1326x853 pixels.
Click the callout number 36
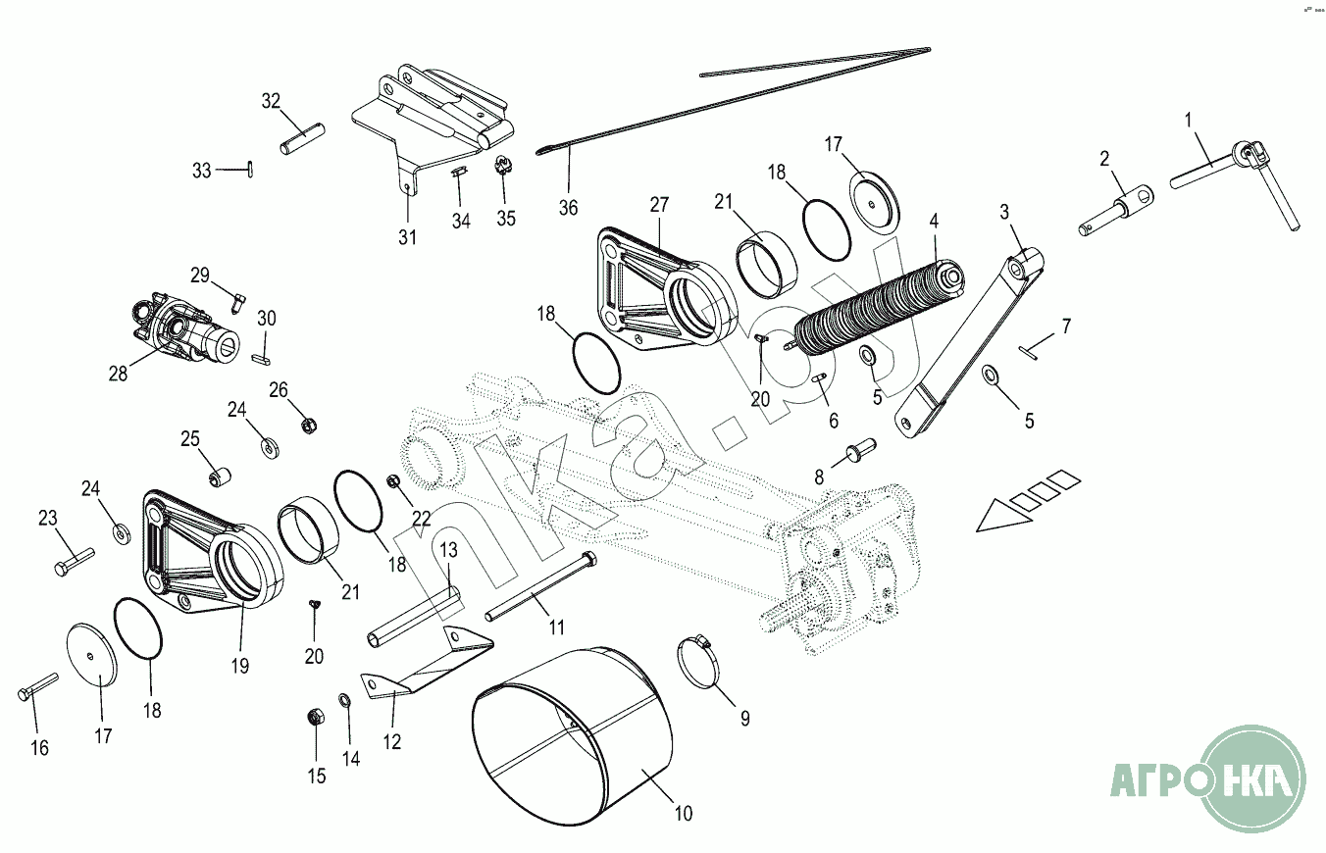[569, 208]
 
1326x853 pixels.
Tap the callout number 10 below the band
[684, 813]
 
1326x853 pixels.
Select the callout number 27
[658, 205]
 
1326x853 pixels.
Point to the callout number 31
[407, 237]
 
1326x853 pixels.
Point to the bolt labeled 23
[75, 561]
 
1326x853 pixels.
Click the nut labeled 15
[316, 717]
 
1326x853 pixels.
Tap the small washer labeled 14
[345, 700]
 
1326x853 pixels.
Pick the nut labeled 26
[306, 425]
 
